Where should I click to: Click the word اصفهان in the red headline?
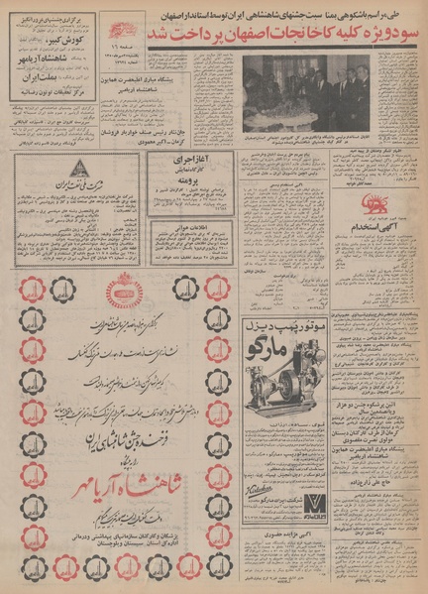click(x=258, y=37)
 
